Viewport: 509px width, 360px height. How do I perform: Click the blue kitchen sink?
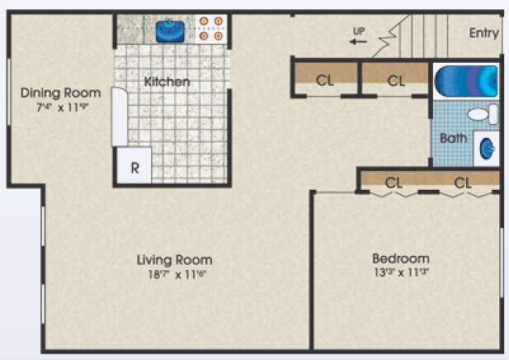(x=171, y=31)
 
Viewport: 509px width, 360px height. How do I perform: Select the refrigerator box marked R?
(x=134, y=166)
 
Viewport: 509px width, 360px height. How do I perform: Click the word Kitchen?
(x=167, y=82)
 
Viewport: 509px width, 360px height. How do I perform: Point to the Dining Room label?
(x=60, y=92)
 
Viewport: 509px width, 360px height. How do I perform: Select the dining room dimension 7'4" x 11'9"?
(x=60, y=107)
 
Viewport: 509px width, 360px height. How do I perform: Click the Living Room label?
(x=174, y=260)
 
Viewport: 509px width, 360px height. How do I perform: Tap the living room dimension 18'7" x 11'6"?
(x=174, y=274)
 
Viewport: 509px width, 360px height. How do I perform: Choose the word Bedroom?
(x=400, y=258)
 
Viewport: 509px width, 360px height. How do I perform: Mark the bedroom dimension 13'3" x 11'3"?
(x=400, y=272)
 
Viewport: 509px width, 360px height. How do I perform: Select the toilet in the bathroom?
(x=483, y=114)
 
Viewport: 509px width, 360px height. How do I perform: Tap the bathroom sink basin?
(x=488, y=148)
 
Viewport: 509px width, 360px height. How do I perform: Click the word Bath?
(x=453, y=138)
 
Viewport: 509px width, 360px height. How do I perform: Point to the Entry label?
(x=483, y=33)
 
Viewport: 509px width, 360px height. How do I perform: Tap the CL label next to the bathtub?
(x=396, y=80)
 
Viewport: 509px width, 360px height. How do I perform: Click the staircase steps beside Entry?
(x=421, y=35)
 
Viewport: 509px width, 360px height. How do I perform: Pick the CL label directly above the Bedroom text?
(x=394, y=182)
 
